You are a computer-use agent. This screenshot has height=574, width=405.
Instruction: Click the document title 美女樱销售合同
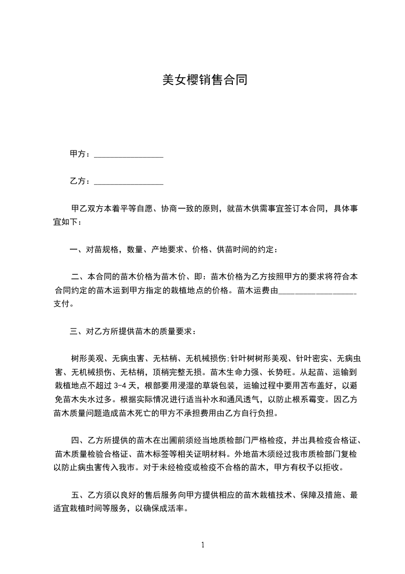pyautogui.click(x=204, y=80)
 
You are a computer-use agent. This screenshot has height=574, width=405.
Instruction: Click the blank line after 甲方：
pyautogui.click(x=129, y=154)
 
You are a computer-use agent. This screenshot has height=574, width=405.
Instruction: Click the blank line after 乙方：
pyautogui.click(x=129, y=182)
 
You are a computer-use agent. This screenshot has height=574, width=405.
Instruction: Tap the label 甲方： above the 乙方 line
pyautogui.click(x=80, y=154)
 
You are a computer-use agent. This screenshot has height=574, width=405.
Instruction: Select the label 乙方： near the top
pyautogui.click(x=80, y=181)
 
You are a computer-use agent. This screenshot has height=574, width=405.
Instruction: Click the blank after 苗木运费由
pyautogui.click(x=318, y=292)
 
